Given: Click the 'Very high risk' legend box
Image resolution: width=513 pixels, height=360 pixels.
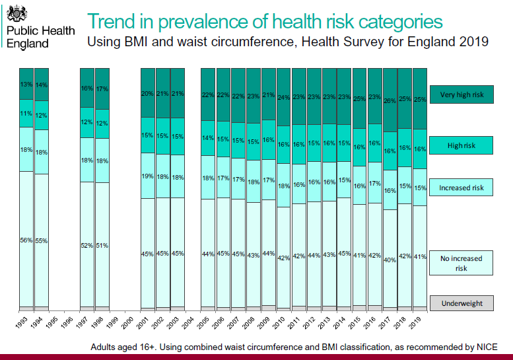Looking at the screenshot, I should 462,94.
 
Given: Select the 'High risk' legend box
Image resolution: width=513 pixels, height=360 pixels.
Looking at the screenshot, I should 462,145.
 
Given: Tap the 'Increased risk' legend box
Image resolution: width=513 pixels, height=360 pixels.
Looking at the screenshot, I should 462,188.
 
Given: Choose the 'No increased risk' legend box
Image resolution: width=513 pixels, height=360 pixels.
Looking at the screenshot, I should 462,264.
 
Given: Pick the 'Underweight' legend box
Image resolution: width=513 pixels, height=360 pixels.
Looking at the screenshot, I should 462,304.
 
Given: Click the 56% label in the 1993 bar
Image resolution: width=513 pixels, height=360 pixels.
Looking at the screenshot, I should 26,240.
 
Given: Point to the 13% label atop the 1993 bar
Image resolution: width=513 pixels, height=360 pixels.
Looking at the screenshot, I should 26,84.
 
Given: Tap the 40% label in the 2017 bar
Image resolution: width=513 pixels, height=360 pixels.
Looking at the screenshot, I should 390,260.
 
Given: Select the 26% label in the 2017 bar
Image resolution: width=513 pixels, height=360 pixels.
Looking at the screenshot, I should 390,100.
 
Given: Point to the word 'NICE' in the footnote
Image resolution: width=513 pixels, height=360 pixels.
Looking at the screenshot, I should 483,347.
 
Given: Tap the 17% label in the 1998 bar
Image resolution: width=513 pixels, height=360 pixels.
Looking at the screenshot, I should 102,89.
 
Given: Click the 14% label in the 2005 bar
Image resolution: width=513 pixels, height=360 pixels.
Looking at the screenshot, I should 208,138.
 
